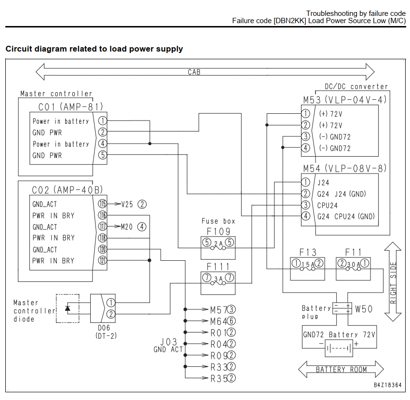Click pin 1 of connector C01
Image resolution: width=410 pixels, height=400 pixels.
(102, 120)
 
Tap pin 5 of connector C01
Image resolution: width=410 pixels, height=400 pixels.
(102, 155)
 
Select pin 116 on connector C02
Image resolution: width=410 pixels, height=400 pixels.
(102, 215)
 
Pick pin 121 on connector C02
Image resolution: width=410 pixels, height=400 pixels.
(102, 260)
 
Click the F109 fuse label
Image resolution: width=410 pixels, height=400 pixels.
(219, 231)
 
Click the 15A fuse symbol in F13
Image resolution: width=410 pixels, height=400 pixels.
(308, 267)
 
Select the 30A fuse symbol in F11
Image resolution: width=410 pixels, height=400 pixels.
(353, 267)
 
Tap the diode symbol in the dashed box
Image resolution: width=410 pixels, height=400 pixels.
(68, 308)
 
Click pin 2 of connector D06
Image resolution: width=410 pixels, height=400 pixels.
(111, 314)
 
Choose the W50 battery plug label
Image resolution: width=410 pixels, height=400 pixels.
(364, 309)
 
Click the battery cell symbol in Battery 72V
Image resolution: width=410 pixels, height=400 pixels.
(339, 348)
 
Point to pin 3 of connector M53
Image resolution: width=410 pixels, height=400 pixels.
(305, 136)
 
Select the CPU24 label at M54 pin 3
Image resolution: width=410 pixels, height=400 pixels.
(328, 205)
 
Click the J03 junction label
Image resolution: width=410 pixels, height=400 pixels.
(169, 342)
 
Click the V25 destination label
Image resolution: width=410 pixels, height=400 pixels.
(127, 204)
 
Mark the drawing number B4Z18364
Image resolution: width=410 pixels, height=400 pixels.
(387, 385)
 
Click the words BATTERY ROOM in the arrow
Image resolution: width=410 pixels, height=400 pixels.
(341, 370)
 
